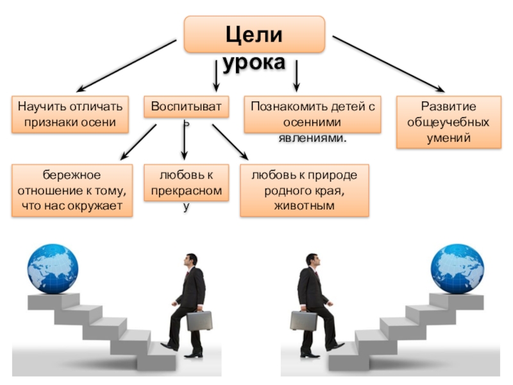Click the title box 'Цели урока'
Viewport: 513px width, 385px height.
point(254,35)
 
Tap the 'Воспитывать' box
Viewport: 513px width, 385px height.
point(185,108)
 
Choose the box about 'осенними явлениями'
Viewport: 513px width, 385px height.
point(312,114)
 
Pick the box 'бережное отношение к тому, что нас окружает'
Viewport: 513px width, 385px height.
point(72,191)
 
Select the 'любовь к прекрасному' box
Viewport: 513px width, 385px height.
point(185,183)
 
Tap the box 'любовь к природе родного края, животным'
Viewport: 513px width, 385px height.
point(305,191)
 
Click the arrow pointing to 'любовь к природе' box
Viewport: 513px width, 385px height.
point(229,141)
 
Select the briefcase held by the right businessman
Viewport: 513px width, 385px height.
point(303,320)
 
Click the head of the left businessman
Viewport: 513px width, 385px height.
point(189,261)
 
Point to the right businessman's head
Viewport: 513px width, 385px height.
point(312,261)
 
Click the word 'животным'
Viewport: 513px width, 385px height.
point(305,205)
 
